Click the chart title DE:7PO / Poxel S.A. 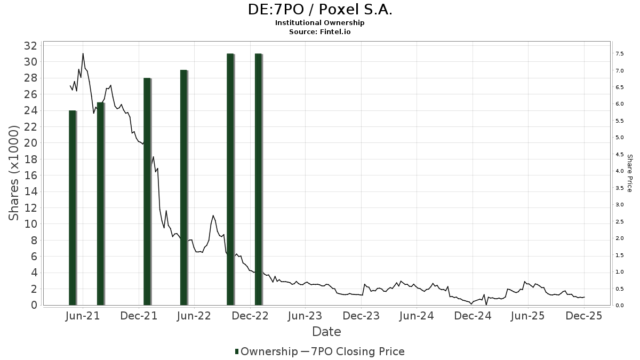click(x=320, y=9)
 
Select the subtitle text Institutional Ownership click(x=320, y=23)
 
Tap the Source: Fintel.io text click(x=320, y=32)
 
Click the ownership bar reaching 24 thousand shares click(x=73, y=208)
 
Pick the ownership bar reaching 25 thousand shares click(x=100, y=204)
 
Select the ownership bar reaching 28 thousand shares click(x=147, y=192)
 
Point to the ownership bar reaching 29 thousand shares click(x=183, y=188)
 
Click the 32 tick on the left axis click(x=30, y=46)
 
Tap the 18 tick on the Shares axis click(x=30, y=159)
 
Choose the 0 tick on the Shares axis click(x=34, y=305)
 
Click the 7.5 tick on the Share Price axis click(x=620, y=54)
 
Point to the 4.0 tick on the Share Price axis click(x=620, y=171)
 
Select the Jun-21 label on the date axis click(x=83, y=316)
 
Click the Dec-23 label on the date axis click(x=361, y=316)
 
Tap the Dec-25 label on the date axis click(x=584, y=316)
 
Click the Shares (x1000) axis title click(x=14, y=173)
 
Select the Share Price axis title click(x=629, y=173)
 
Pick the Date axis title click(x=326, y=332)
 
